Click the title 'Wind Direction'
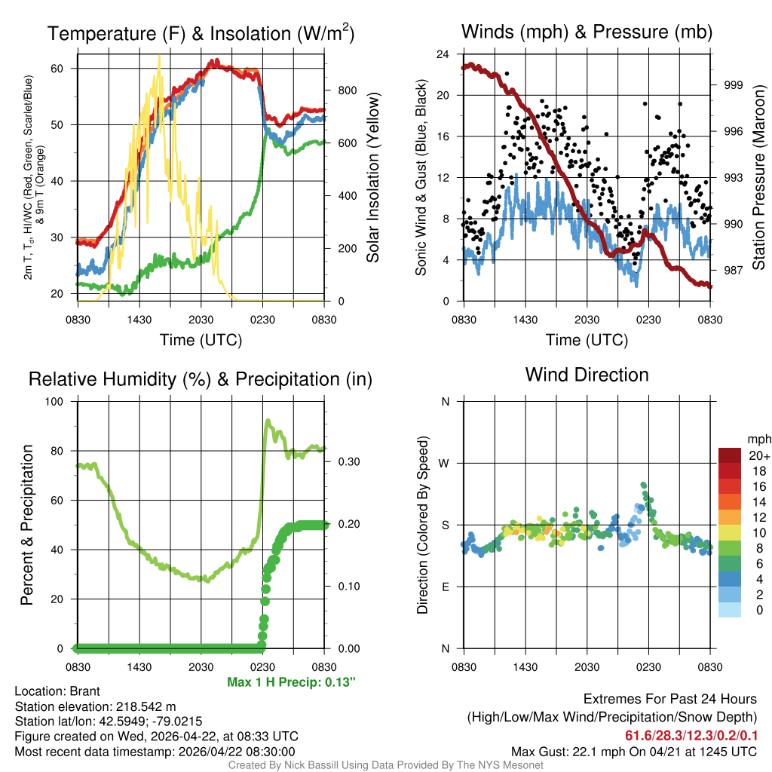click(x=587, y=375)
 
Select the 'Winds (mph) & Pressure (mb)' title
click(x=587, y=32)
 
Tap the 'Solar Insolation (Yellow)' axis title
click(x=373, y=178)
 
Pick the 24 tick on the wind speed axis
click(x=443, y=54)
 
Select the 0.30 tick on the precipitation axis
click(x=346, y=462)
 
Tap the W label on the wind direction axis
click(x=445, y=463)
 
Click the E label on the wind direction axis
click(x=446, y=587)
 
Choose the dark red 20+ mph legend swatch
click(x=730, y=456)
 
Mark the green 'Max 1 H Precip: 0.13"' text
click(x=291, y=682)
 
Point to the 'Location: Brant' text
click(x=57, y=691)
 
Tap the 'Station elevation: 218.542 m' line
click(x=95, y=706)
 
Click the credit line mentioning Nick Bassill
click(x=386, y=765)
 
